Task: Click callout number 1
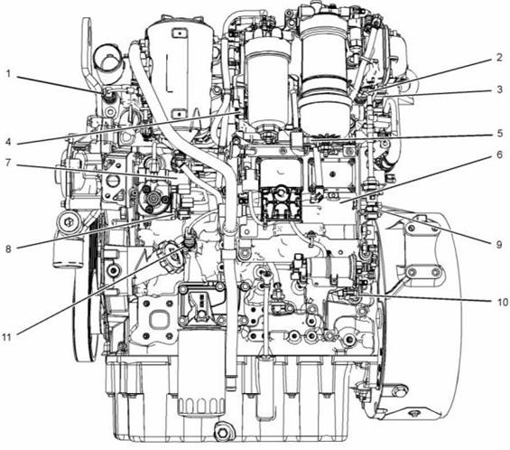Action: point(9,74)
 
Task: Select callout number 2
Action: point(499,58)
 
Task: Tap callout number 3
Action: point(500,89)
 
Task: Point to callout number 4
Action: point(8,142)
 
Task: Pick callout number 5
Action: point(500,134)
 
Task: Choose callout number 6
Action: point(500,155)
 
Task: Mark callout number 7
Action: point(8,163)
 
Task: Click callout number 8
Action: point(8,249)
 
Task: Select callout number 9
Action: point(499,244)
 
